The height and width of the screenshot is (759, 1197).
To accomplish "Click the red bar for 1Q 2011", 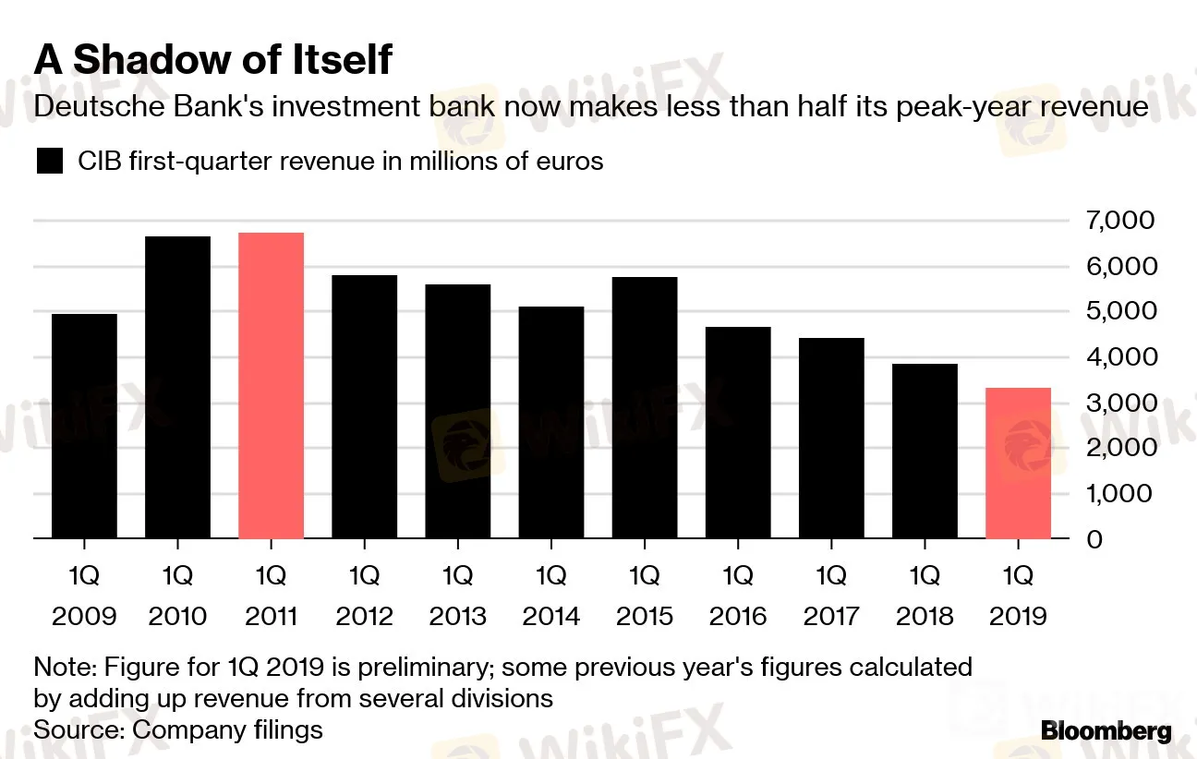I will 271,385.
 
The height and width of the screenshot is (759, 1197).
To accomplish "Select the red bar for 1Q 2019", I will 1019,463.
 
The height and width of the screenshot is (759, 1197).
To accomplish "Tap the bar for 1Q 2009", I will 84,426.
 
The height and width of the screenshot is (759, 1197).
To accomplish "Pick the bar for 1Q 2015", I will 645,407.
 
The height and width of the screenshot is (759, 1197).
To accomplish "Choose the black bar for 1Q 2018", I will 925,451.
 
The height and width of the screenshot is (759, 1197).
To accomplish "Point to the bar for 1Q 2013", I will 458,411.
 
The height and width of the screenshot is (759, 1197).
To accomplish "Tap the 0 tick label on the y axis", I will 1094,539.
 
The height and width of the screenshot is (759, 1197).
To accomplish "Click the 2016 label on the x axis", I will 738,616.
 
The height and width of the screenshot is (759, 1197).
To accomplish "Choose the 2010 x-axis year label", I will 177,616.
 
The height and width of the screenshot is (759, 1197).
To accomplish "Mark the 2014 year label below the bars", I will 551,616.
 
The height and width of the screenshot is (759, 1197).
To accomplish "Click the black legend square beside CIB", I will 49,163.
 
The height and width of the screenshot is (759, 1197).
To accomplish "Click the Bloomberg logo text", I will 1106,732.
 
